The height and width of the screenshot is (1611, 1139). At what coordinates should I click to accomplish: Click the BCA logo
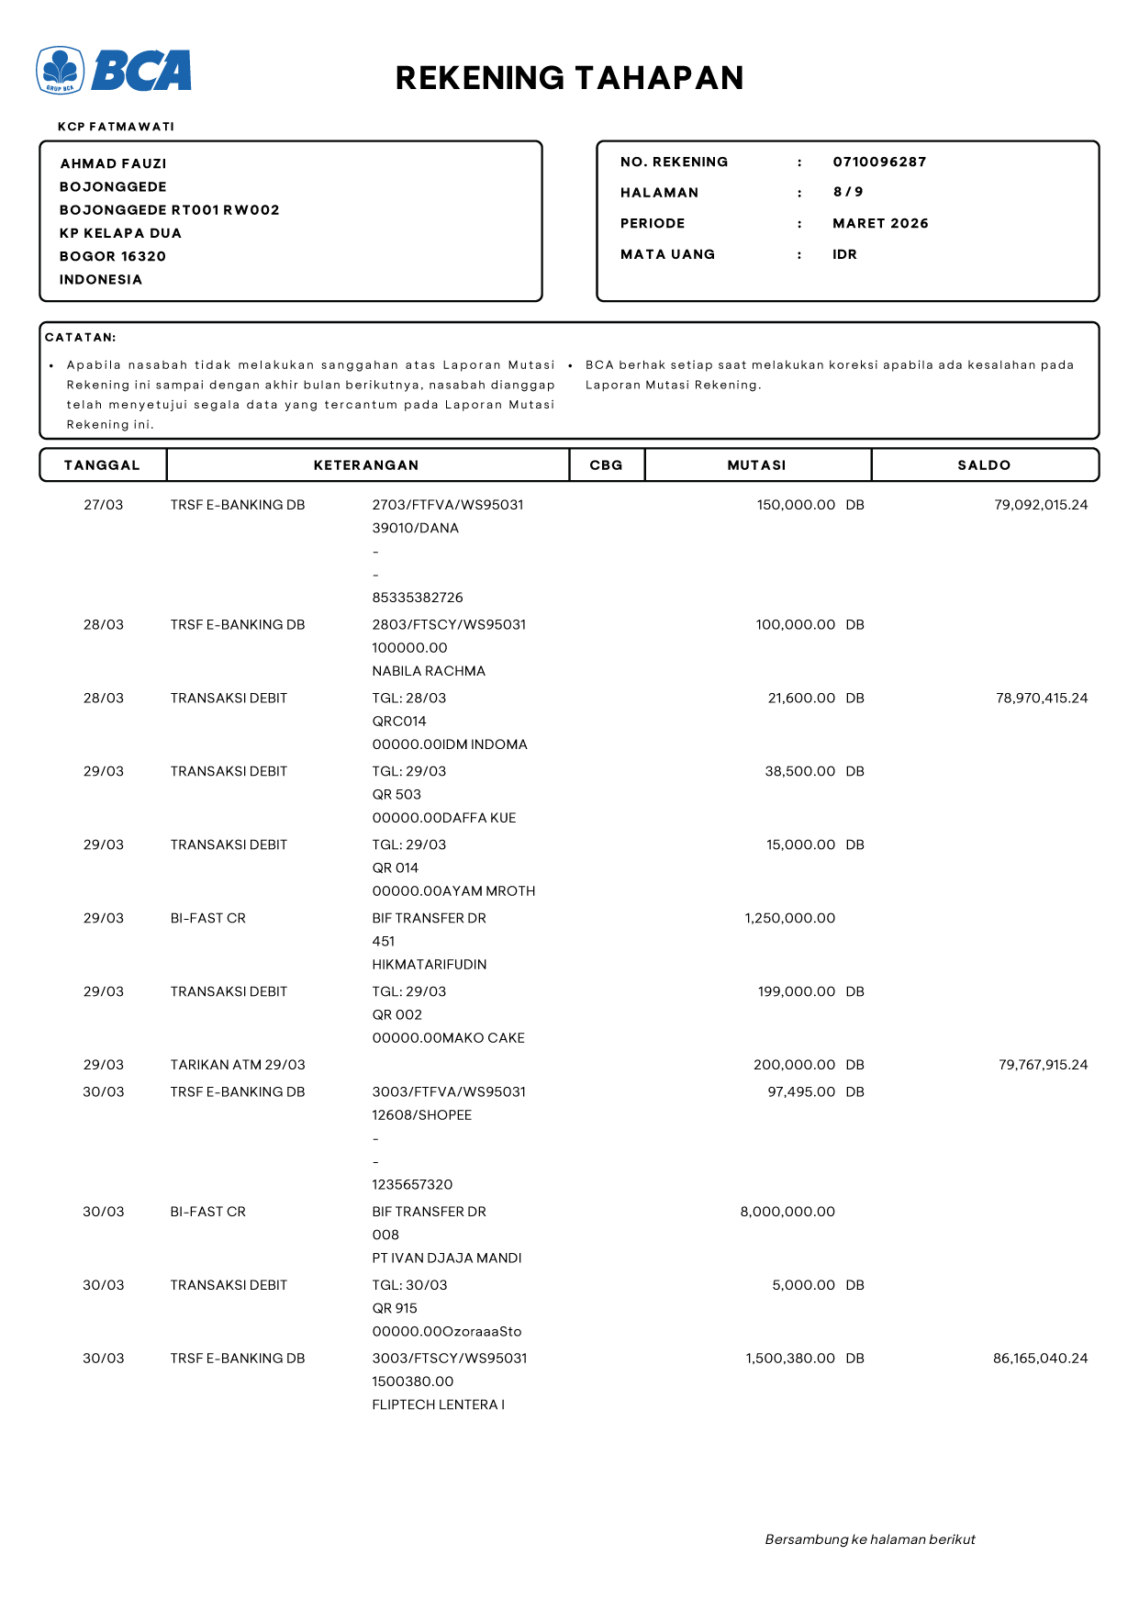[x=114, y=71]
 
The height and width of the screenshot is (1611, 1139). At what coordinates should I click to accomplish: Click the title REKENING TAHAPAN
[x=569, y=78]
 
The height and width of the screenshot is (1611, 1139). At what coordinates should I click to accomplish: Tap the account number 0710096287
[x=879, y=162]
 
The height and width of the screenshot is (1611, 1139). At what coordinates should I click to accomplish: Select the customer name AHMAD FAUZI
[x=114, y=163]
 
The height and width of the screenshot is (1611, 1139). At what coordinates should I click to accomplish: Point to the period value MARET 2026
[x=880, y=223]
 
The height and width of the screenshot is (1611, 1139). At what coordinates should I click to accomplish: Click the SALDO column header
[x=984, y=465]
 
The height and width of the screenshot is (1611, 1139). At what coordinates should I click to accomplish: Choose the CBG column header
[x=606, y=465]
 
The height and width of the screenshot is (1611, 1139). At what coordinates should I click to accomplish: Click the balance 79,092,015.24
[x=1041, y=505]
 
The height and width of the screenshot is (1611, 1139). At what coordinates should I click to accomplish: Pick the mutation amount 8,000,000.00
[x=787, y=1212]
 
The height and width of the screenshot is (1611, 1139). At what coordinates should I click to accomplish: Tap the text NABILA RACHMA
[x=429, y=671]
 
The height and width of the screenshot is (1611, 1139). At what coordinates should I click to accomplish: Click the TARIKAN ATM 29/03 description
[x=238, y=1065]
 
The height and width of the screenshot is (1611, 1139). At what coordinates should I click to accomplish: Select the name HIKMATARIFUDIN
[x=430, y=965]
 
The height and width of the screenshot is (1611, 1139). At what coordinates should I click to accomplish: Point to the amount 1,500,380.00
[x=790, y=1359]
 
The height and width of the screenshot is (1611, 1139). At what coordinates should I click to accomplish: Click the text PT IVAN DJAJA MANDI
[x=447, y=1259]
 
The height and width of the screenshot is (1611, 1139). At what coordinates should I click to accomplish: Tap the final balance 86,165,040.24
[x=1040, y=1359]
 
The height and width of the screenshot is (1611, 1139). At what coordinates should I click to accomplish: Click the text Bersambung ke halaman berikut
[x=870, y=1539]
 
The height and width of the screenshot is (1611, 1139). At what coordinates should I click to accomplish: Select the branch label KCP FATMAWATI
[x=116, y=127]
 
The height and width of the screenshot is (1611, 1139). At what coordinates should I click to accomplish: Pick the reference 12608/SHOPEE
[x=422, y=1115]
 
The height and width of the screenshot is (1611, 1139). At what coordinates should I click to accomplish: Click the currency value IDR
[x=844, y=254]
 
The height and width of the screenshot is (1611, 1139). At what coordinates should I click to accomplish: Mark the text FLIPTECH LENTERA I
[x=439, y=1404]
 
